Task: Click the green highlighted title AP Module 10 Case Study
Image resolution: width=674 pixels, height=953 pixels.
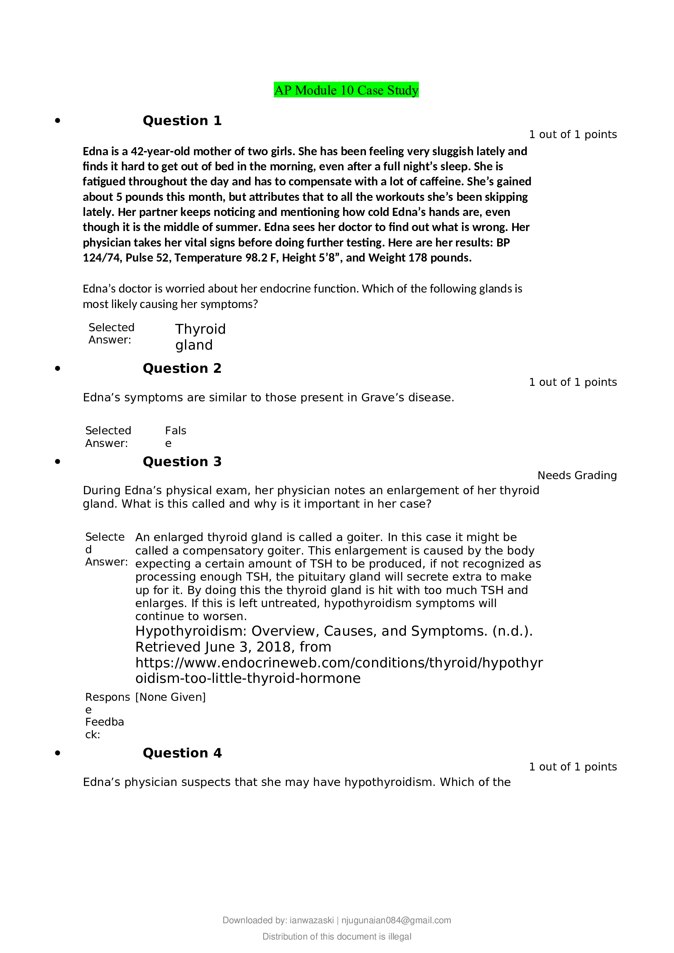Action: pos(346,90)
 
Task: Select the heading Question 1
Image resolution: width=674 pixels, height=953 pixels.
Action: pos(182,121)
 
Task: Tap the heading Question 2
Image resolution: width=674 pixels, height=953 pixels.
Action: pos(182,369)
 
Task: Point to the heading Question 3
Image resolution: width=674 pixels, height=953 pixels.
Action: pos(182,462)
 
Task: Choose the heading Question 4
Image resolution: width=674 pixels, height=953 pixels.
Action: pos(182,753)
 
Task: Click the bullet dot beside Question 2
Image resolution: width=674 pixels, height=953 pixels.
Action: pos(58,369)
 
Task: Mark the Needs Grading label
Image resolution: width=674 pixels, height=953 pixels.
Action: pos(577,475)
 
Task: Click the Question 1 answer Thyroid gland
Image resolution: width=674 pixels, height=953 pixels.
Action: pos(200,337)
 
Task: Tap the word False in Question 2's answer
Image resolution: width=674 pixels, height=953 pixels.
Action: pos(175,436)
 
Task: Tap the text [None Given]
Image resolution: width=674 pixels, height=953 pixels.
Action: pos(171,697)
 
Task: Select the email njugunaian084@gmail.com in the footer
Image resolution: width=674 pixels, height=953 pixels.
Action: pos(396,921)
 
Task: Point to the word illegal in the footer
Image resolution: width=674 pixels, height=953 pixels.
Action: pos(397,937)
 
